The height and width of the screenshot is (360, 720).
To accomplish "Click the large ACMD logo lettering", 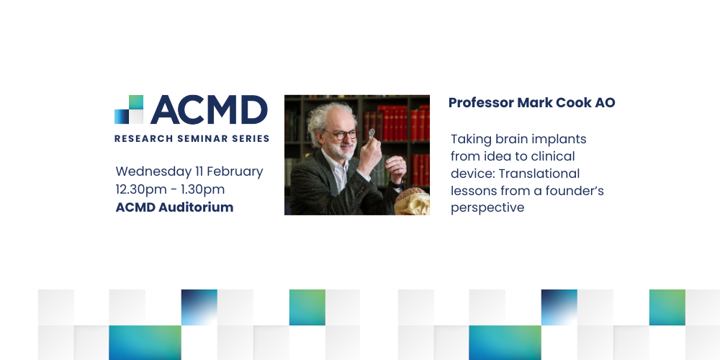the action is pyautogui.click(x=209, y=109).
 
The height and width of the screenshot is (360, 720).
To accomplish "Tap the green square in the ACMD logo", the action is pyautogui.click(x=136, y=102).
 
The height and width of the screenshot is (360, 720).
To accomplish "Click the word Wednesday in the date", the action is pyautogui.click(x=153, y=172).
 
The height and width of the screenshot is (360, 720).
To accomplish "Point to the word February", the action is pyautogui.click(x=235, y=172).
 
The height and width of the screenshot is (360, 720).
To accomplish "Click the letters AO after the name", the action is pyautogui.click(x=606, y=103).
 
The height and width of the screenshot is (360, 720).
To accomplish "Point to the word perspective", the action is pyautogui.click(x=487, y=208).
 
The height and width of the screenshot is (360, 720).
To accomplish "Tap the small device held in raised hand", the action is pyautogui.click(x=372, y=134).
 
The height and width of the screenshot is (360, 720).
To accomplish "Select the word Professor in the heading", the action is pyautogui.click(x=481, y=103).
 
